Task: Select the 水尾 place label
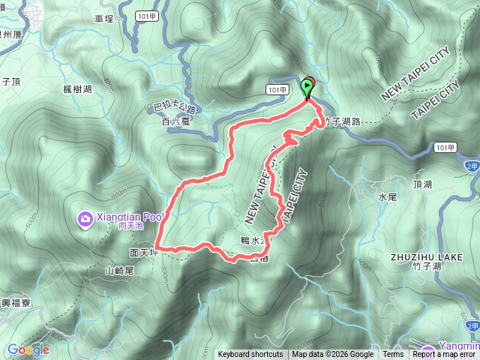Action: point(386,197)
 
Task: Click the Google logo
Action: point(28,349)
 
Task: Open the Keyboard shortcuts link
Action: point(250,355)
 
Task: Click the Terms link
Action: point(393,355)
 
